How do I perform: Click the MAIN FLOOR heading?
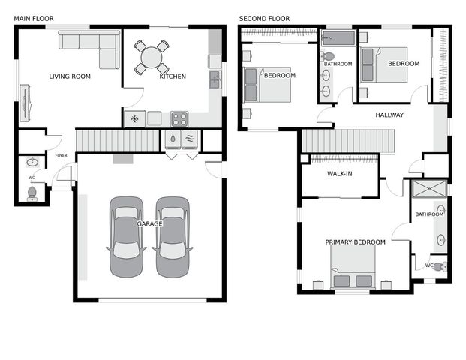tap(33, 18)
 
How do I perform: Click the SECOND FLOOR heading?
tap(264, 18)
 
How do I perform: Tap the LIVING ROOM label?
tap(70, 76)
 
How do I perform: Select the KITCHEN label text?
tap(173, 76)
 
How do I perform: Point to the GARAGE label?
tap(149, 224)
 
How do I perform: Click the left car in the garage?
tap(126, 236)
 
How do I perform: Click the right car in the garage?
tap(173, 236)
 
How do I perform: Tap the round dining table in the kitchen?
tap(152, 58)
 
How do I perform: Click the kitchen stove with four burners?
tap(179, 118)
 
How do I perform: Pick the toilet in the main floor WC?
tap(32, 193)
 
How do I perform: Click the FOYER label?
tap(62, 156)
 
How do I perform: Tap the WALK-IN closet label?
tap(339, 175)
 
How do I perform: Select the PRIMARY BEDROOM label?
tap(355, 242)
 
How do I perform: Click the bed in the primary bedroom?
tap(353, 268)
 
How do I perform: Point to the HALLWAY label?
tap(389, 115)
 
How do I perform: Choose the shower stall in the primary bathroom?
tap(428, 188)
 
